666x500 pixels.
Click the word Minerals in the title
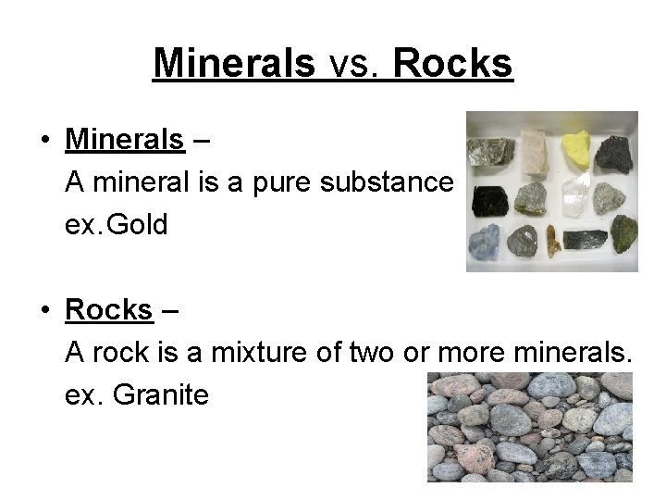pyautogui.click(x=234, y=63)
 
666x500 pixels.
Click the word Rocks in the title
pyautogui.click(x=452, y=63)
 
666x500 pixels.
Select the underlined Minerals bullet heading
pyautogui.click(x=125, y=140)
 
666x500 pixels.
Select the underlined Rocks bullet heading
pyautogui.click(x=108, y=309)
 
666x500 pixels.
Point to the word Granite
pyautogui.click(x=161, y=394)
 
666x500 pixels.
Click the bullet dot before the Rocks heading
pyautogui.click(x=44, y=310)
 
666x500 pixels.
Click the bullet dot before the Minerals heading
pyautogui.click(x=44, y=141)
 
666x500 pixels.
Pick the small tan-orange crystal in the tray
pyautogui.click(x=553, y=242)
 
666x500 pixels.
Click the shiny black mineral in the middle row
pyautogui.click(x=487, y=198)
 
